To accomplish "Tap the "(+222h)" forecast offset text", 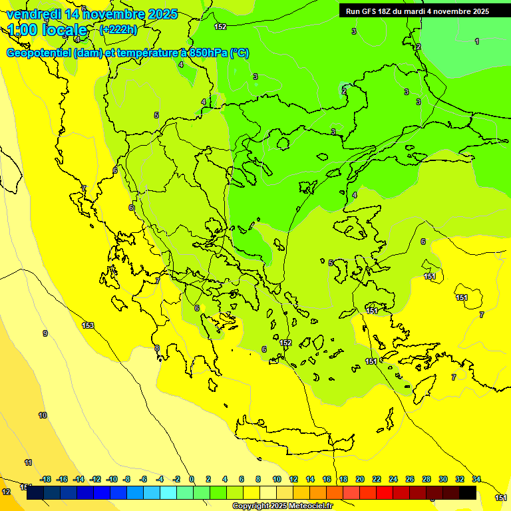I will (118, 29).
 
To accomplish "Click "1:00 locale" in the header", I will (47, 30).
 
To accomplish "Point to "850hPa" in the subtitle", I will (205, 53).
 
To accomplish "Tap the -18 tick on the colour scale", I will (45, 479).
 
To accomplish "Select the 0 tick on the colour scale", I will (192, 479).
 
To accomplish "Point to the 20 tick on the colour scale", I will (360, 479).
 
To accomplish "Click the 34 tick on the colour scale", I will (476, 479).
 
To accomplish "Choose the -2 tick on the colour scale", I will (176, 479).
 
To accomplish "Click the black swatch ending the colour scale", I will (468, 493).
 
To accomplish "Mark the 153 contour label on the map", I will (88, 325).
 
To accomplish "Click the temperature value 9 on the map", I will (45, 333).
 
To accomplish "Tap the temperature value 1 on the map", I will (476, 41).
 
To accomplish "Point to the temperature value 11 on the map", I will (28, 462).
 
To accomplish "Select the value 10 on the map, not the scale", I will (43, 415).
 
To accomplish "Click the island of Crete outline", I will (293, 439).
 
